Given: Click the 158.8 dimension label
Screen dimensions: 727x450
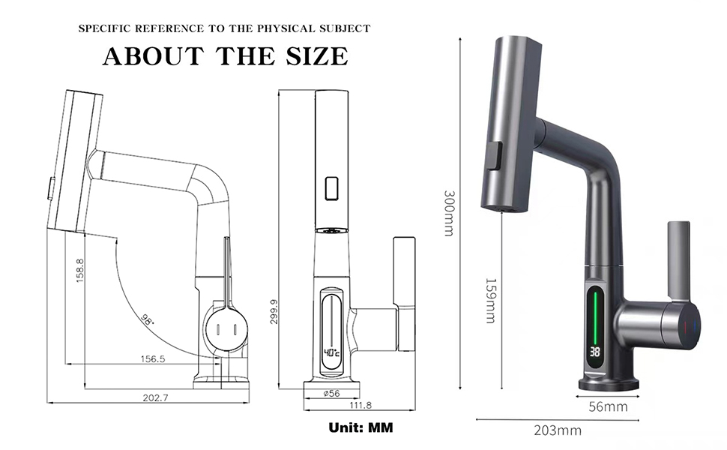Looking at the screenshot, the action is [x=79, y=271].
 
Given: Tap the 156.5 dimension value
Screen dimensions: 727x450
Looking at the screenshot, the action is [x=153, y=358].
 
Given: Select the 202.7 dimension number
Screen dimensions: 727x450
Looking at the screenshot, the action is [x=155, y=397].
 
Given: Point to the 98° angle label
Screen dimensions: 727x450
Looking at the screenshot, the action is [x=148, y=319].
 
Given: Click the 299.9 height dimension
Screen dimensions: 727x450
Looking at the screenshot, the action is [x=274, y=311].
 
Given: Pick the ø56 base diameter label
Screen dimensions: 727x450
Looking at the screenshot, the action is [x=332, y=394].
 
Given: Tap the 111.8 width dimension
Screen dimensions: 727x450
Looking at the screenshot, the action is [x=361, y=405].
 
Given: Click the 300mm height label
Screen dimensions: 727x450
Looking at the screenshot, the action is [x=449, y=213].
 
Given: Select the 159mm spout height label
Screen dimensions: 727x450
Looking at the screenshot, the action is [x=491, y=300].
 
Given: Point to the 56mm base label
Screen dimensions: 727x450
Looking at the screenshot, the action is [x=608, y=406].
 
